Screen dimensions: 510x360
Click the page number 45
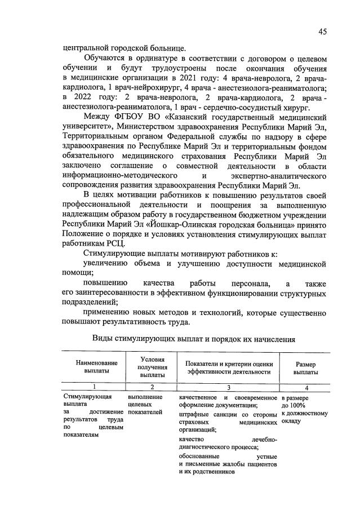[322, 32]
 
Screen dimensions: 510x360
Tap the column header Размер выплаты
[306, 367]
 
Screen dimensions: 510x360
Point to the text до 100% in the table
[294, 405]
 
